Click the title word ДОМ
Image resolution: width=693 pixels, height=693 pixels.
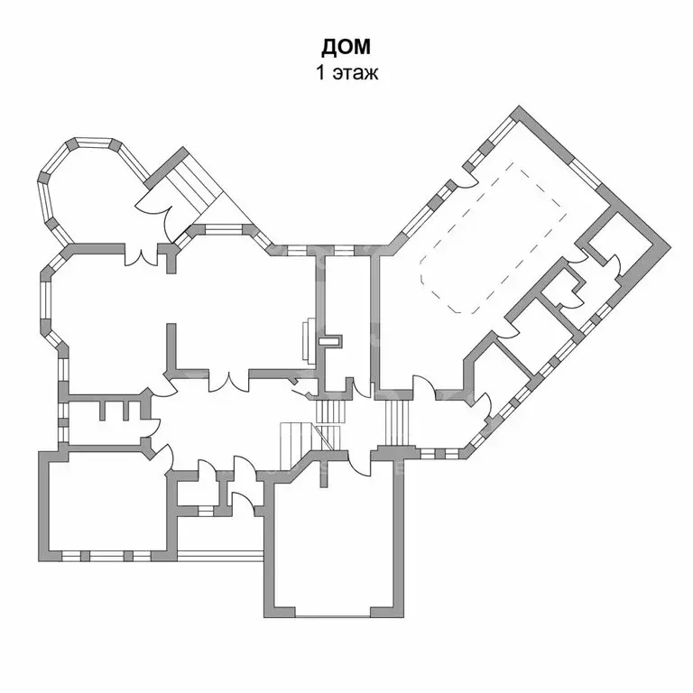pos(346,46)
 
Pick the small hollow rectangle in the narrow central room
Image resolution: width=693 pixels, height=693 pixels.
pos(332,341)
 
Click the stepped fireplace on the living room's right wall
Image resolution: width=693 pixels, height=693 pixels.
pos(308,339)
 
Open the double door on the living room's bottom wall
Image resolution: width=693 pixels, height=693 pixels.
pos(229,381)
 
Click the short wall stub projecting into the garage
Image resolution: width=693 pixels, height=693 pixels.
pos(323,475)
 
